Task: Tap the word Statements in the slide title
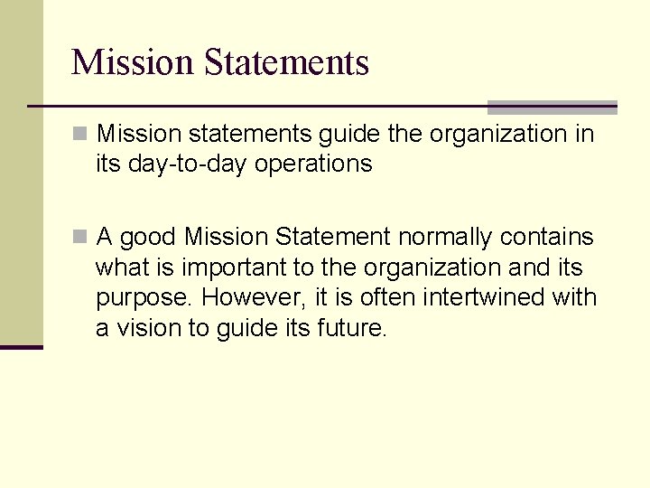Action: point(286,62)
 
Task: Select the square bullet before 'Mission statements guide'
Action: point(80,135)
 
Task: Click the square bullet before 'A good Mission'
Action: point(80,238)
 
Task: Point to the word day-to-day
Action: point(188,164)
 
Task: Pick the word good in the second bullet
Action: point(148,238)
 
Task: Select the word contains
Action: point(550,237)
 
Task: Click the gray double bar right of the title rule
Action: point(552,107)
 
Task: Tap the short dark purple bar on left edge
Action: point(21,347)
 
